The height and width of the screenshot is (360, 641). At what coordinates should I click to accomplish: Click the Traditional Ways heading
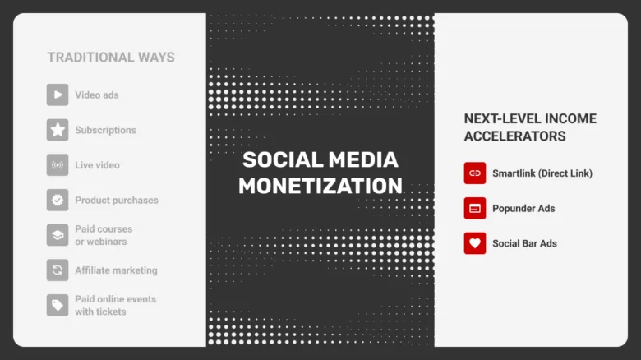(110, 58)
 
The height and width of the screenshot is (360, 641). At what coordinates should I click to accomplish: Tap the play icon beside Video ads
(58, 95)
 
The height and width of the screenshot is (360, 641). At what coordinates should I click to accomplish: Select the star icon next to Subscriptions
(58, 130)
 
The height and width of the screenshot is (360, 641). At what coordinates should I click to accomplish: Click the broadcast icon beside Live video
(58, 165)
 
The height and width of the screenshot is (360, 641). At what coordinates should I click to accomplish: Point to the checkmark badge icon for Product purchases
(58, 200)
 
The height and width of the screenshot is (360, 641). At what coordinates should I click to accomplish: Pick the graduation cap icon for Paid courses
(58, 235)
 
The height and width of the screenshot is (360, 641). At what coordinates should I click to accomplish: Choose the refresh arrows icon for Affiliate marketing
(58, 270)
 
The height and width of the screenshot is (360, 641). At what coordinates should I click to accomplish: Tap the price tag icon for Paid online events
(58, 305)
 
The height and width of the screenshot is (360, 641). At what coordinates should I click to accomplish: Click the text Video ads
(97, 95)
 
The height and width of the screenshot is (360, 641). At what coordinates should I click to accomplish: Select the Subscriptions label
(105, 130)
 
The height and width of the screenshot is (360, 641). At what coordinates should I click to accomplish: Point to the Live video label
(97, 165)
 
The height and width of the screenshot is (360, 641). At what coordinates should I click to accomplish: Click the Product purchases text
(117, 200)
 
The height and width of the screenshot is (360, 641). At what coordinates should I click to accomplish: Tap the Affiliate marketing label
(116, 270)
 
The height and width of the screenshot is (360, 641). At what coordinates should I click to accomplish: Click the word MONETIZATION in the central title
(320, 185)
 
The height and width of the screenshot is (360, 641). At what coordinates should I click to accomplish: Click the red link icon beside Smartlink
(475, 173)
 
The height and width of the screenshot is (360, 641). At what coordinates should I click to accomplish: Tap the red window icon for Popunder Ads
(475, 208)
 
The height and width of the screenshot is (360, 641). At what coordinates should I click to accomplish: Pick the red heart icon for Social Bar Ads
(475, 243)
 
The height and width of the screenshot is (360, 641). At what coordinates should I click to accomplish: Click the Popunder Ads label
(523, 208)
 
